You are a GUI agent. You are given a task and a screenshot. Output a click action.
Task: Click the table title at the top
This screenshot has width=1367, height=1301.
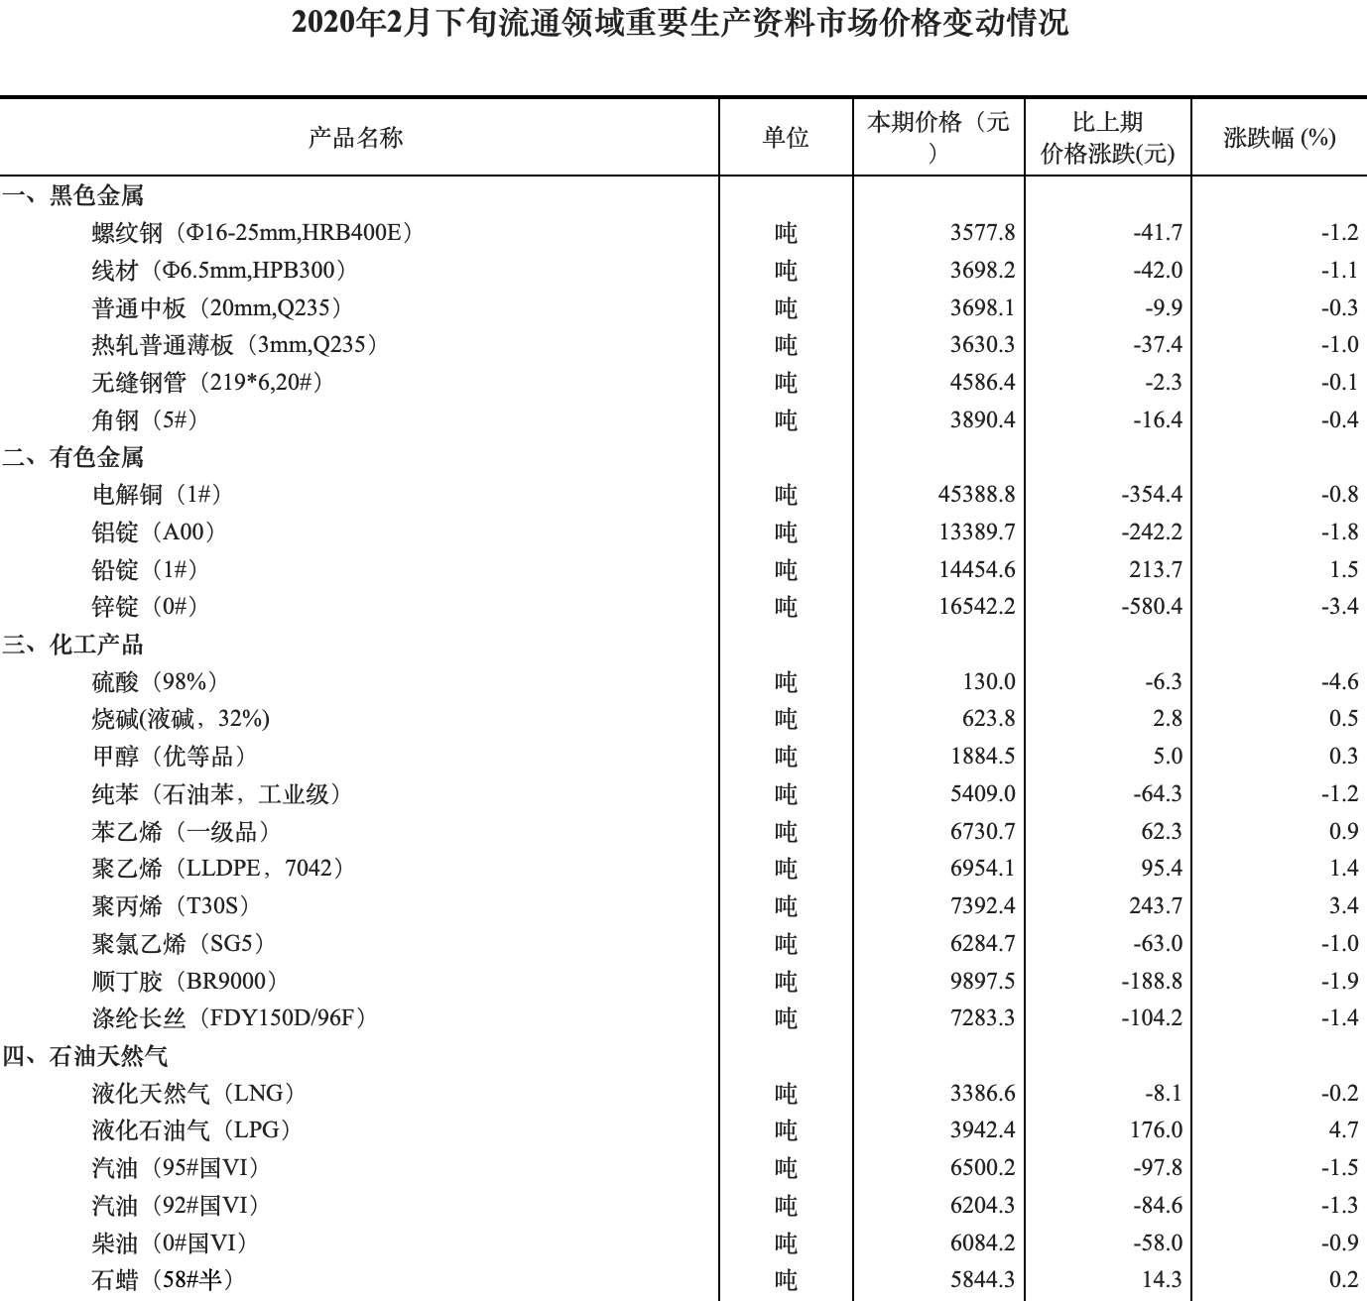(x=681, y=22)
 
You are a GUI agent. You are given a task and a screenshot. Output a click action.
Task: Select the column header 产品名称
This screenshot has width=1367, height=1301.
(x=355, y=137)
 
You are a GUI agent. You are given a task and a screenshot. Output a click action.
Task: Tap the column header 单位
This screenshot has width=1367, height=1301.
(x=785, y=137)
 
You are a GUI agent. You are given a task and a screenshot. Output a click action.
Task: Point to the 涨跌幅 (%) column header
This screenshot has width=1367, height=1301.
(x=1279, y=137)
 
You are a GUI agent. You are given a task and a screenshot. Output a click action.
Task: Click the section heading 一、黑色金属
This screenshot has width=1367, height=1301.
(x=73, y=195)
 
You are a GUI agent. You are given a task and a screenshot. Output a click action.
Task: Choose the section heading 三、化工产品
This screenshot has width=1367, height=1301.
(x=73, y=645)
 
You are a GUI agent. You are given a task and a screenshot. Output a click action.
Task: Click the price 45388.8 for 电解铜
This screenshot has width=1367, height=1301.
(x=976, y=495)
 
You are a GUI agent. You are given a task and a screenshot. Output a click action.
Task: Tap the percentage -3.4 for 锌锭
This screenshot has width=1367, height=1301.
(x=1338, y=607)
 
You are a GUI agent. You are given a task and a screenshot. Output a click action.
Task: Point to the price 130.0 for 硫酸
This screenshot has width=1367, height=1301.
(x=988, y=682)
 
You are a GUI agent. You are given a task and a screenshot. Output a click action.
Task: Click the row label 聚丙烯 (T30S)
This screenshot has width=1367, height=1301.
(x=171, y=906)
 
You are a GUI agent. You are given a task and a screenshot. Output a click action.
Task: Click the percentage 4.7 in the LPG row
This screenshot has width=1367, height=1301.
(x=1343, y=1130)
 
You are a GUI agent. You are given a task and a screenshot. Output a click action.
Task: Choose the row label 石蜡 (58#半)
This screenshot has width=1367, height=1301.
(x=164, y=1280)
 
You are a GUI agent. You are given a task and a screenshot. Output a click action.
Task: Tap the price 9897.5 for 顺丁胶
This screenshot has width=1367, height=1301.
(x=982, y=982)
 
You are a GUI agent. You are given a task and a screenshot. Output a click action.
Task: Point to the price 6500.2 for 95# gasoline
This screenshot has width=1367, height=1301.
(x=982, y=1168)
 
